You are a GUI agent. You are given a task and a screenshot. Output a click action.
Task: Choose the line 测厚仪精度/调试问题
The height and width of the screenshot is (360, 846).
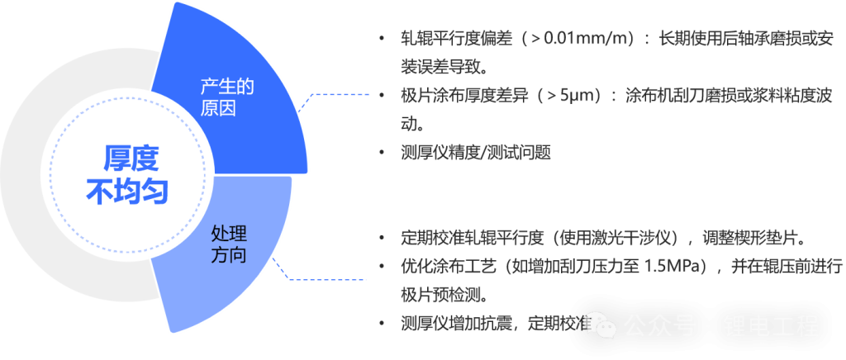click(x=475, y=153)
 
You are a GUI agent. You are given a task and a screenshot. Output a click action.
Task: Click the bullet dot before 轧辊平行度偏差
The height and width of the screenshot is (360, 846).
click(x=380, y=39)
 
